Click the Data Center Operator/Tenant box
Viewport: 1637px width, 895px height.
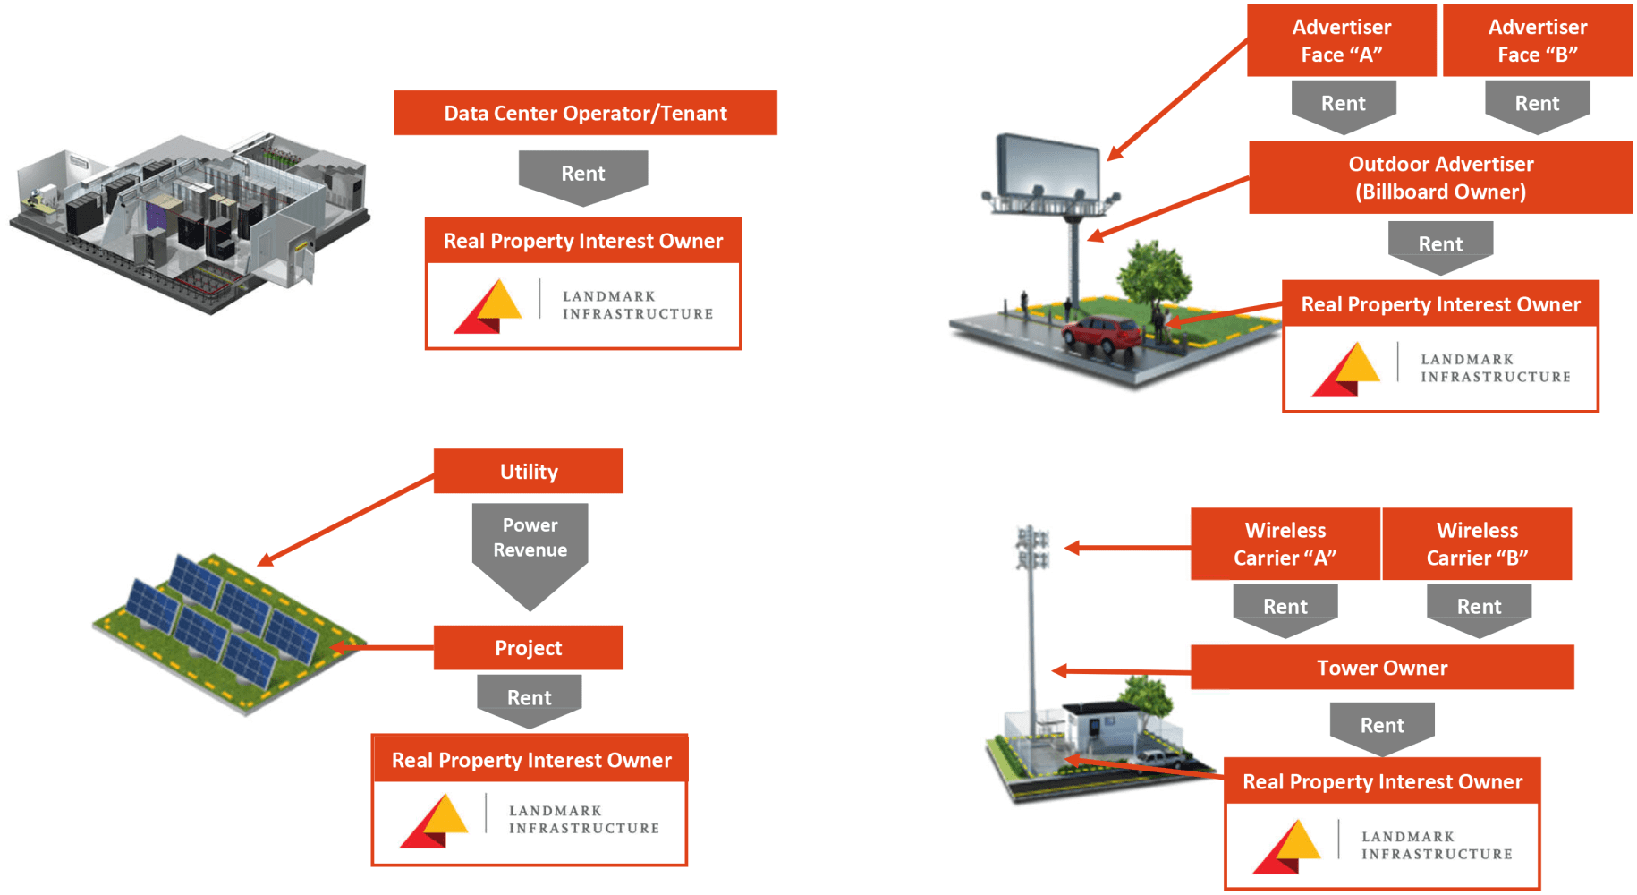(x=585, y=113)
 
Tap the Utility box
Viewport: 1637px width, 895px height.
(x=528, y=471)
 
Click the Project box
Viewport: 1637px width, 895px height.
(x=528, y=647)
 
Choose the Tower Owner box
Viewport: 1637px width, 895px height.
(x=1381, y=667)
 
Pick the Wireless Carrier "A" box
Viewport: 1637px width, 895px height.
(x=1285, y=543)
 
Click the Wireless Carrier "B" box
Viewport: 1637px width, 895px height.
(x=1477, y=543)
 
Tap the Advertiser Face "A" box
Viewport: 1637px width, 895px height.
(x=1341, y=40)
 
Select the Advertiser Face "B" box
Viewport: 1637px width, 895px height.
(x=1537, y=40)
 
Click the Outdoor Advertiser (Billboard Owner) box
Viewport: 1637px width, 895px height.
(x=1440, y=177)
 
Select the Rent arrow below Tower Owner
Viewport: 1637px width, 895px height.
(x=1382, y=726)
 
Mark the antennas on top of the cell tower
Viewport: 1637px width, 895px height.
(x=1032, y=547)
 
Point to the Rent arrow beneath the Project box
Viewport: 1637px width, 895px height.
(x=530, y=698)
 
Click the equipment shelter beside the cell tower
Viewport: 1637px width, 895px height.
(x=1100, y=729)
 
